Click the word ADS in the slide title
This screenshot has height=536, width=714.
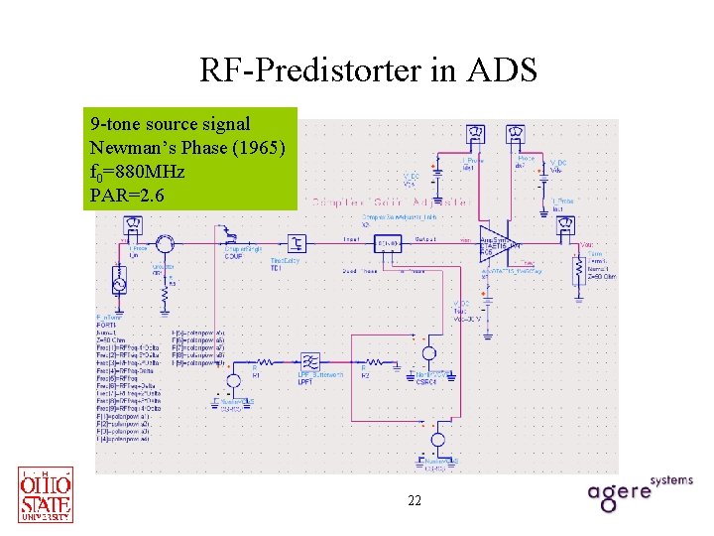506,70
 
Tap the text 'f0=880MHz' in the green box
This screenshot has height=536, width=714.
137,172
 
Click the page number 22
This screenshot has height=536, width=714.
415,501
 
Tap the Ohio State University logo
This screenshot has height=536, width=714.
46,494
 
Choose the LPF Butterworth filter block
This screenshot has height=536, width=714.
309,361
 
